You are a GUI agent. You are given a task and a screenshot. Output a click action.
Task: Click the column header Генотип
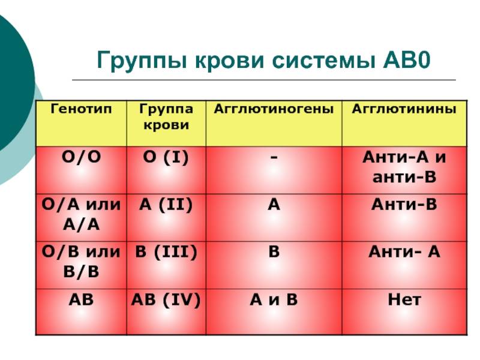(81, 109)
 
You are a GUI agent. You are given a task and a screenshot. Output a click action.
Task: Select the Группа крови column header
(166, 117)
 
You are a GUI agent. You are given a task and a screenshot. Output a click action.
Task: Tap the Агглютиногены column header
(274, 109)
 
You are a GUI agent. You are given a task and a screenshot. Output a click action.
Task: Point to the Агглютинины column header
(404, 109)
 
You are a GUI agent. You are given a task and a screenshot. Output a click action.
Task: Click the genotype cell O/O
(81, 157)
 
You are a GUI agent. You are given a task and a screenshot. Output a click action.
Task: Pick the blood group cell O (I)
(166, 158)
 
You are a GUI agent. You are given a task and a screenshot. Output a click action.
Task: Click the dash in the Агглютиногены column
(274, 157)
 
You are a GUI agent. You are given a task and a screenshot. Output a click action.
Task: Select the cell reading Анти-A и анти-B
(404, 167)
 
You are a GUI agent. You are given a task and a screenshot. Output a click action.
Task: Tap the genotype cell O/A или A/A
(81, 215)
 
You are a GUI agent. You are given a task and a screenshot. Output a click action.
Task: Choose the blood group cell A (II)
(166, 205)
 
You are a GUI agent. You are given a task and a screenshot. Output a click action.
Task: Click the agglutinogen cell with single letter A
(274, 205)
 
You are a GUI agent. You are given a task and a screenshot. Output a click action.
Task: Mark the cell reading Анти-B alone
(404, 205)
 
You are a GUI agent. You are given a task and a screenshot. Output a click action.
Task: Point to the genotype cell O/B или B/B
(81, 262)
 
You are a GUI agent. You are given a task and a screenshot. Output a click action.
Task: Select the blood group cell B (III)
(166, 253)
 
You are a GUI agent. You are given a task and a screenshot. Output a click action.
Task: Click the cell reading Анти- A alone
(404, 252)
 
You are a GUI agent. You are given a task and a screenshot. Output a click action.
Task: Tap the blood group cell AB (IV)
(166, 300)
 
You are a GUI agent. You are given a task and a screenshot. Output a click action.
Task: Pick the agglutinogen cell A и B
(274, 299)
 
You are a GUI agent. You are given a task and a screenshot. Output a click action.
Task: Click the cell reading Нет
(404, 299)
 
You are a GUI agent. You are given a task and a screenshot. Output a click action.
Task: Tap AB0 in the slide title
(407, 59)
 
